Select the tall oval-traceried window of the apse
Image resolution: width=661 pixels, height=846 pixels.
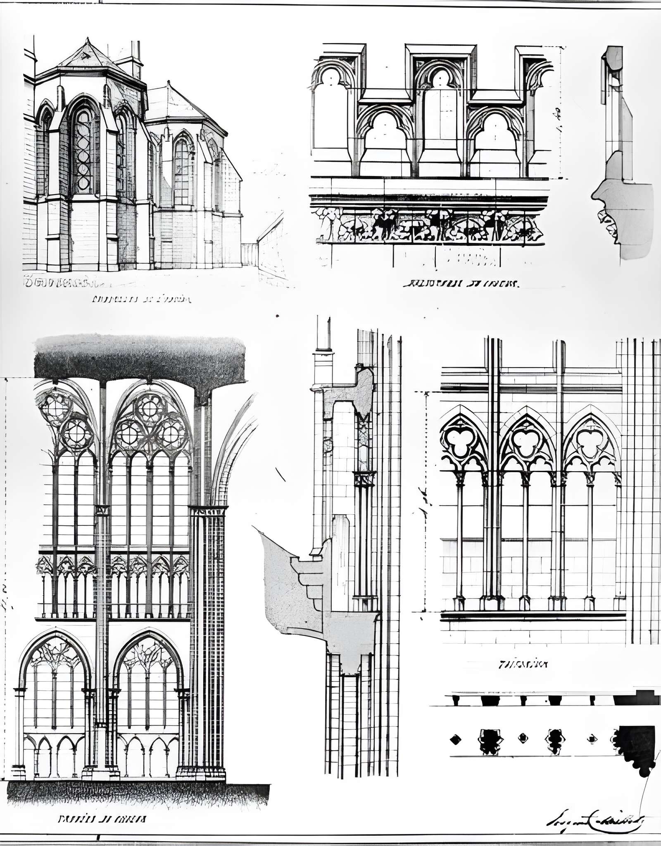[83, 151]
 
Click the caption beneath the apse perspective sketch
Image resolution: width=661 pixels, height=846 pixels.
[141, 299]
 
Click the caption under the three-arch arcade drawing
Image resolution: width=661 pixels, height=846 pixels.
[524, 664]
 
